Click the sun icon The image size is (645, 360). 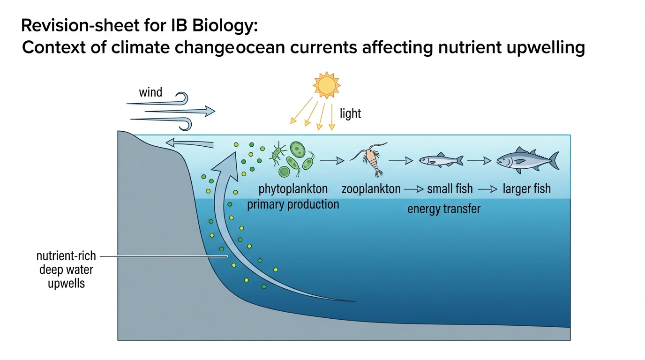tap(327, 85)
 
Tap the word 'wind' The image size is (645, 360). tap(150, 92)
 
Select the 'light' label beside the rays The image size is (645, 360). tap(350, 113)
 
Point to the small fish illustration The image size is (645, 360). tap(441, 160)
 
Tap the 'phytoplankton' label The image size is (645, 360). tap(293, 189)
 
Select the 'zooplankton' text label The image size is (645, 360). tap(371, 189)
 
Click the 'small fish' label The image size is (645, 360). tap(450, 189)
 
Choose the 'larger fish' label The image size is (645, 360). tap(527, 189)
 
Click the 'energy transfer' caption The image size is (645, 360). tap(444, 209)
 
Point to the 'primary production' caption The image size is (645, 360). tap(293, 204)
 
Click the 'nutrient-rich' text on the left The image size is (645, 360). tap(66, 256)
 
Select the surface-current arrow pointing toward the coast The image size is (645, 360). tap(189, 143)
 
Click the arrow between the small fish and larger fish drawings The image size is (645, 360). tap(479, 161)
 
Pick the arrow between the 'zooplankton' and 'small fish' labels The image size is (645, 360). tap(414, 189)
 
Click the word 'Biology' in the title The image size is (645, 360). tap(225, 26)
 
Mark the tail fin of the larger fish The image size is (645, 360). tap(554, 160)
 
